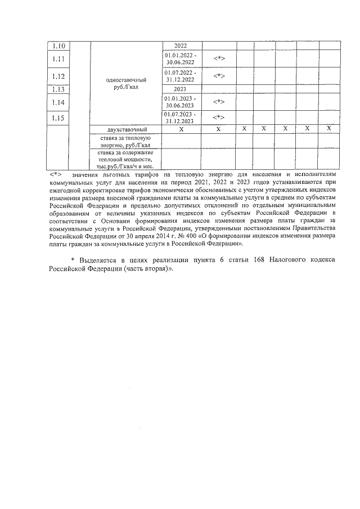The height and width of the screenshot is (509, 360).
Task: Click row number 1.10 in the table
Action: point(58,46)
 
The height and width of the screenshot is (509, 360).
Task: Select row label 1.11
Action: point(58,58)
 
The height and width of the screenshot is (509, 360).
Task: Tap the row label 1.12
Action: point(58,76)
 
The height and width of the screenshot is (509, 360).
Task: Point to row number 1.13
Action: point(58,89)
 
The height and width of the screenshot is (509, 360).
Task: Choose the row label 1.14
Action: point(58,102)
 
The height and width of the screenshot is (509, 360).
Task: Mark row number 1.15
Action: point(58,118)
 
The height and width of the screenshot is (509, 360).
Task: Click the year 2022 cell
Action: point(181,46)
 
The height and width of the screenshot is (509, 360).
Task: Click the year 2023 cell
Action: point(181,89)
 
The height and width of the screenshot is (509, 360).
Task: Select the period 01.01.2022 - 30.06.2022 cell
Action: point(181,59)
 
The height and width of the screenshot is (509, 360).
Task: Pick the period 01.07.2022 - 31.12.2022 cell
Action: point(181,76)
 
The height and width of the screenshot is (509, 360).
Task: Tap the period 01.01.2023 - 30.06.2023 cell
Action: point(181,102)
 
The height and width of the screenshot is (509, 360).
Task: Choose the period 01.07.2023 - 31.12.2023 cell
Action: point(181,118)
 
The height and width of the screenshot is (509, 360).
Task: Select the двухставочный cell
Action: point(126,129)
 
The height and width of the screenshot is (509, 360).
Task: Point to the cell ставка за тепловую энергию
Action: point(126,141)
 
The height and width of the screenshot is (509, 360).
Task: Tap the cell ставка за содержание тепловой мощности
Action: point(126,159)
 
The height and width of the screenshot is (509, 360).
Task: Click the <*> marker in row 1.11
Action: point(219,58)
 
